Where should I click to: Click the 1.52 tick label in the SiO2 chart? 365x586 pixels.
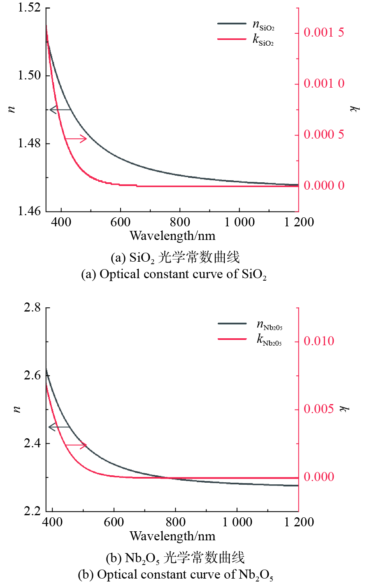point(28,8)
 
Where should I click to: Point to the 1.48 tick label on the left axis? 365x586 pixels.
point(28,144)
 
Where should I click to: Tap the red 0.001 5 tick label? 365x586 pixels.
point(324,33)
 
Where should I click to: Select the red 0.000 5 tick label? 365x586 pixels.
point(324,135)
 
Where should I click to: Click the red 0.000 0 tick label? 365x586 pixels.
point(324,186)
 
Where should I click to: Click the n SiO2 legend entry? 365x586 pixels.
point(246,25)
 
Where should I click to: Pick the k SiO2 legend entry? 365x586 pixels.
point(246,40)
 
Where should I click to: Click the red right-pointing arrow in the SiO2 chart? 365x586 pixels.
point(76,139)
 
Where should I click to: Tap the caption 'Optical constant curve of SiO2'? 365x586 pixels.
point(174,274)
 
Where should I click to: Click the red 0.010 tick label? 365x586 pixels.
point(319,341)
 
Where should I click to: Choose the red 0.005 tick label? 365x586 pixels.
point(319,409)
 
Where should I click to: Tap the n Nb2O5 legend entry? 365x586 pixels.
point(250,325)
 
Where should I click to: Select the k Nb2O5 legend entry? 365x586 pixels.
point(250,340)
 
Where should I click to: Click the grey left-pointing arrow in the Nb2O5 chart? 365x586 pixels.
point(59,427)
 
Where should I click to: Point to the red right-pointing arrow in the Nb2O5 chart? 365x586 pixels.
point(76,445)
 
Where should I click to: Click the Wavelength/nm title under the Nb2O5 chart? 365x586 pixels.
point(172,536)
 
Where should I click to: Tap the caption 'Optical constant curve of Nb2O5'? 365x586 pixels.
point(175,574)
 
